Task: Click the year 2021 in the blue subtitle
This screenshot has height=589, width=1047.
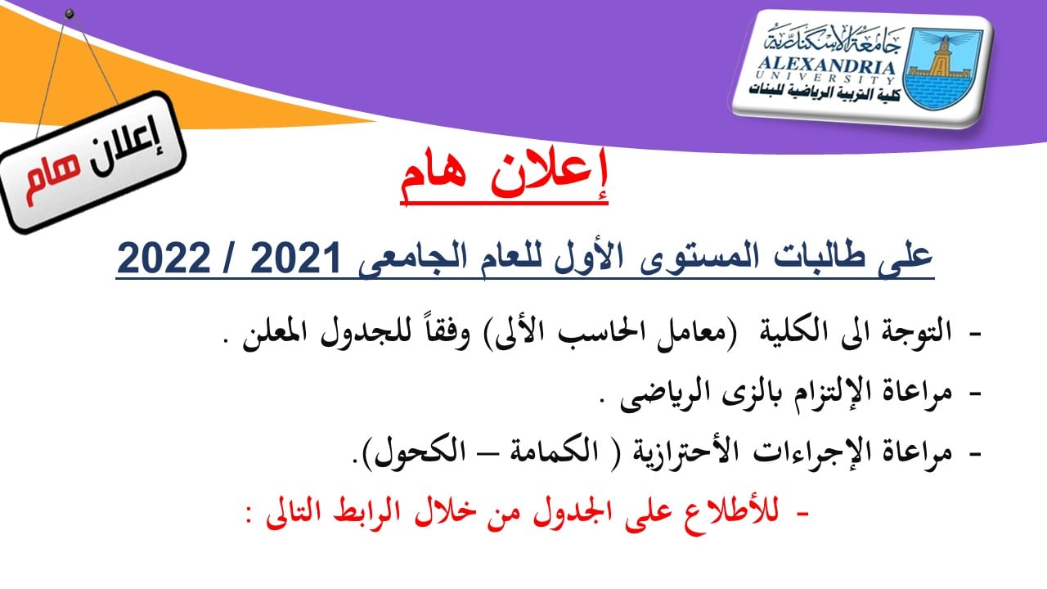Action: point(295,259)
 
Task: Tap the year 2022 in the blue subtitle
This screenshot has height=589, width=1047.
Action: point(164,259)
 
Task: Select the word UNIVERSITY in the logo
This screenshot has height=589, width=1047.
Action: point(825,78)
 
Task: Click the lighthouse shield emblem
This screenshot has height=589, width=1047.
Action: point(943,68)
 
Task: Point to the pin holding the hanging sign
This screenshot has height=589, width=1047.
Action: point(70,14)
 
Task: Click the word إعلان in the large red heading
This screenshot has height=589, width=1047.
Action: point(549,175)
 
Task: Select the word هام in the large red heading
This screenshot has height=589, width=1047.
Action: point(433,179)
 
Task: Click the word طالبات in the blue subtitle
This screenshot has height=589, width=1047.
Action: point(813,258)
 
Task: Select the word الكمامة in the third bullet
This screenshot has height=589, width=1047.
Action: point(554,452)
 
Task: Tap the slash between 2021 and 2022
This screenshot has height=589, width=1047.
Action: point(230,259)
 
